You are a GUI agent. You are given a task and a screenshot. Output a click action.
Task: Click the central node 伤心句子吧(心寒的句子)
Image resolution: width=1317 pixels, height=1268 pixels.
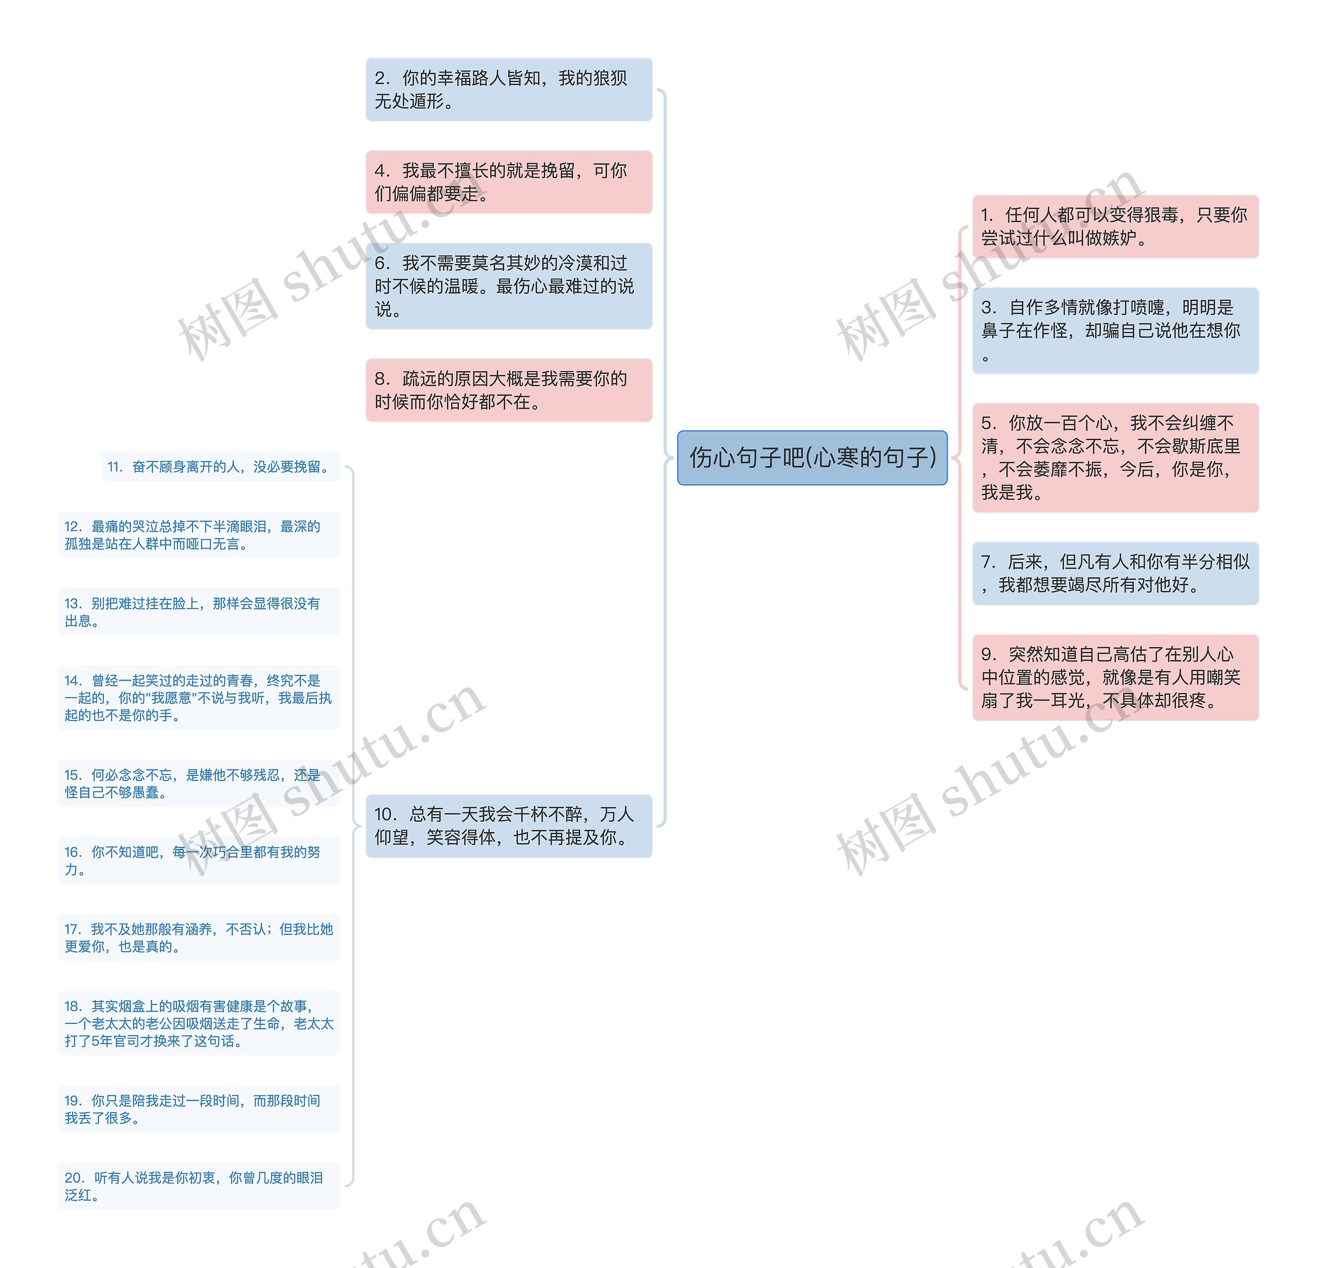tap(812, 458)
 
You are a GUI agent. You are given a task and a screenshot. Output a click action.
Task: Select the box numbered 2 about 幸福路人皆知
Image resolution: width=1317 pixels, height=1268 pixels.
tap(509, 90)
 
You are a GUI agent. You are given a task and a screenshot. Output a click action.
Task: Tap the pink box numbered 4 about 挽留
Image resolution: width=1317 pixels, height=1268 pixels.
tap(509, 182)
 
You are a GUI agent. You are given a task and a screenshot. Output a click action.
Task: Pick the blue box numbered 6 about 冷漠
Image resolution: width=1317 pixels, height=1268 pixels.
tap(509, 286)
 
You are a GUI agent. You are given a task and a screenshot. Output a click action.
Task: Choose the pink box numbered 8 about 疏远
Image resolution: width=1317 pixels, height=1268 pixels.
tap(509, 390)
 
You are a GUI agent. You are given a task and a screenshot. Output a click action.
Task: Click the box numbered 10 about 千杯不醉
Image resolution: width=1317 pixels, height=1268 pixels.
tap(509, 826)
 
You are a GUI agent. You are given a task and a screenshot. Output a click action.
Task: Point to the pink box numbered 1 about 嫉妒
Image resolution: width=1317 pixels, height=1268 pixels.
tap(1115, 227)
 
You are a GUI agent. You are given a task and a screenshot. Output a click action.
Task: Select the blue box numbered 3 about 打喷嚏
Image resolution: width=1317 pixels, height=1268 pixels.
tap(1115, 330)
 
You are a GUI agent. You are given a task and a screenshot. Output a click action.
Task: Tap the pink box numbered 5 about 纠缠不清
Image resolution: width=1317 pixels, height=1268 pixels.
tap(1115, 457)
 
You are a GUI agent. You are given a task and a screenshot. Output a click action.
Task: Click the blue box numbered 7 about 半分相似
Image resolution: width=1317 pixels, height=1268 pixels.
tap(1115, 573)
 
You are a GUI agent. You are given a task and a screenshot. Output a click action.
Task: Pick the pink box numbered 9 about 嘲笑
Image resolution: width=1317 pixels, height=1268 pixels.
tap(1115, 677)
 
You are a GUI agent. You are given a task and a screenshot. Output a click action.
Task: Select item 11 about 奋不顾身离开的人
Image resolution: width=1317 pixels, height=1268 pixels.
tap(220, 466)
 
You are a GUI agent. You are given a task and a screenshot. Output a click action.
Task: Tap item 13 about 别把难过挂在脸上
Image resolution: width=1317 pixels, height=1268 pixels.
tap(199, 612)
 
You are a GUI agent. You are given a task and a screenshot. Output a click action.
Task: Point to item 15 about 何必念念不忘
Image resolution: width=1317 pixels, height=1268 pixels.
tap(199, 783)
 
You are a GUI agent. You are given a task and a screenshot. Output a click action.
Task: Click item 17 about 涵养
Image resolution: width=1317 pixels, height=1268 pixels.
tap(199, 937)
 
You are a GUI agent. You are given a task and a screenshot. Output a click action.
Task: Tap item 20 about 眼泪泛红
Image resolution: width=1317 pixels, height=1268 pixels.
tap(199, 1186)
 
